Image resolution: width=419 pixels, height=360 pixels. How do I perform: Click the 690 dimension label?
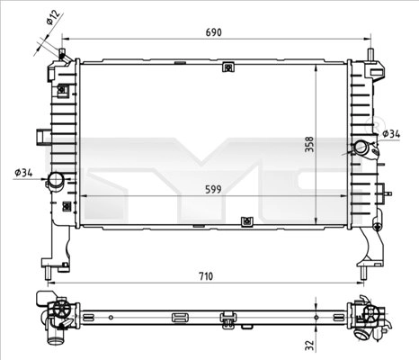coord(214,32)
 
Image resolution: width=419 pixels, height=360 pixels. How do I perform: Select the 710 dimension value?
coord(206,276)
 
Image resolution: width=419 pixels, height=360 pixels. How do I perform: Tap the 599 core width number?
coord(213,189)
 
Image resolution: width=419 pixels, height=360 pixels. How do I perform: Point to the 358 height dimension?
coord(309,144)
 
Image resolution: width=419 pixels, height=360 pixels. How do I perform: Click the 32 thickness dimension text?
coord(310,346)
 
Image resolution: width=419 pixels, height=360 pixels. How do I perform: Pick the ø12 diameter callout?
coord(53,17)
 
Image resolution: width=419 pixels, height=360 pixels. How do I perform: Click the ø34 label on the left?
coord(23,173)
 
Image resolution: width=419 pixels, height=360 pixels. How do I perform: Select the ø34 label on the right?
coord(391,134)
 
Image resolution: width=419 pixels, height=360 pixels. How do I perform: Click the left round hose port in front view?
coord(56,180)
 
